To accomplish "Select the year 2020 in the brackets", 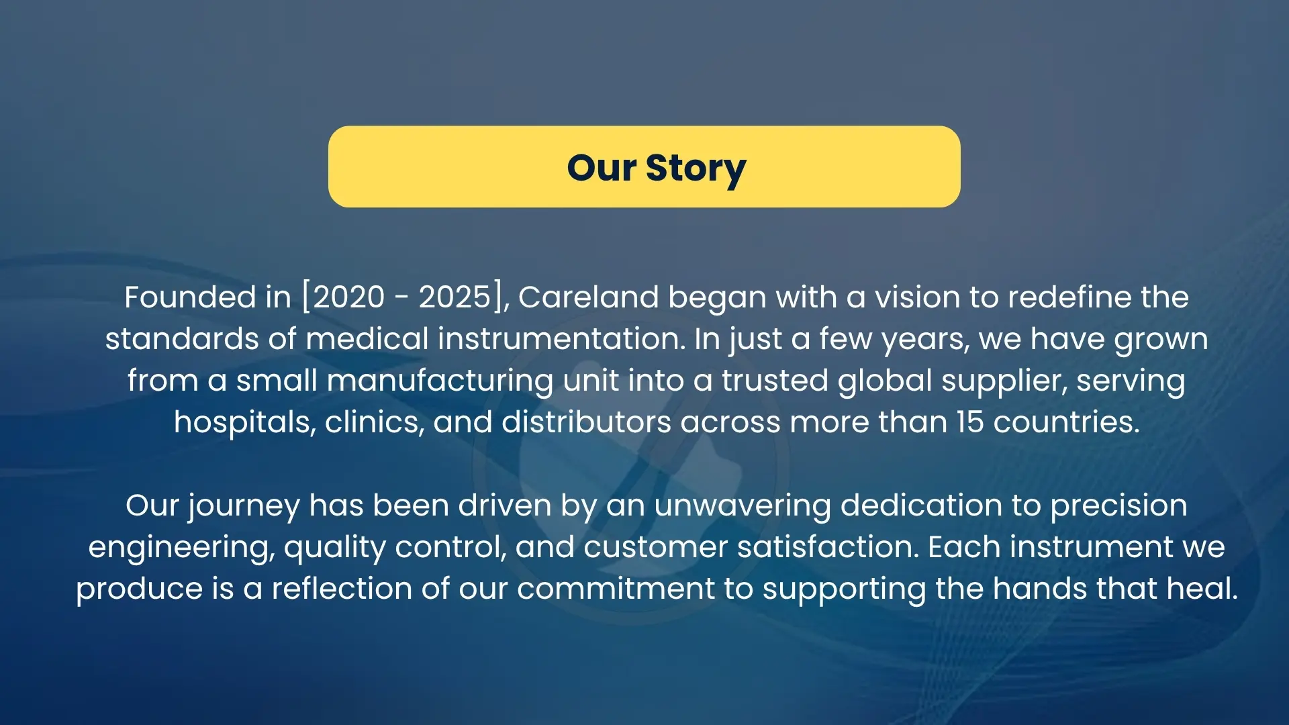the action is click(x=349, y=297).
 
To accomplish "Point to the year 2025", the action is click(x=455, y=297).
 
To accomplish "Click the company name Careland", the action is click(x=589, y=297).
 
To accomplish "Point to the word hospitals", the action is click(x=245, y=423).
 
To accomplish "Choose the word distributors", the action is click(x=586, y=422).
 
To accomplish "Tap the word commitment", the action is click(x=616, y=589).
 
